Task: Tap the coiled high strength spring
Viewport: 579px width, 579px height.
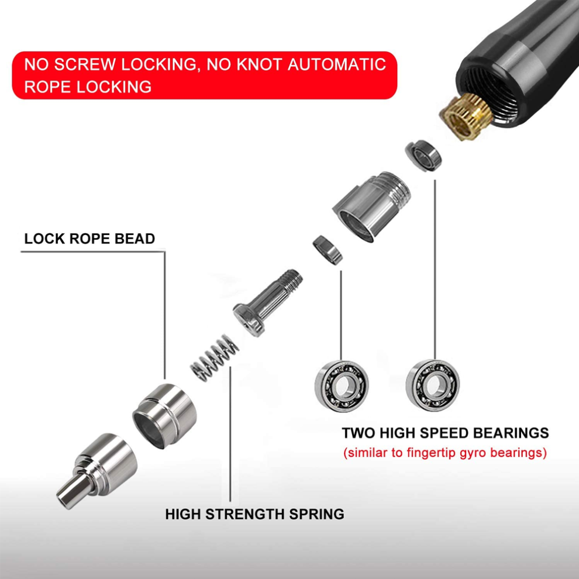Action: tap(215, 358)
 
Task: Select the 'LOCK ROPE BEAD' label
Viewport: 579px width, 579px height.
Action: tap(89, 239)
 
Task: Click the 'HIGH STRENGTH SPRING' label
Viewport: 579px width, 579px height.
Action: tap(254, 513)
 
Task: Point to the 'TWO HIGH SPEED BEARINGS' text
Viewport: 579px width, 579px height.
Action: tap(445, 433)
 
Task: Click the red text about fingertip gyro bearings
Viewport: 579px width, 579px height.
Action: tap(445, 452)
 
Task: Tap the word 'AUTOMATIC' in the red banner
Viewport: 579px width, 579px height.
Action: tap(336, 64)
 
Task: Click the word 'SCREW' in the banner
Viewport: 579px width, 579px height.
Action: tap(85, 64)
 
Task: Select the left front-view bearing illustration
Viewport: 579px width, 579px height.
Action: tap(342, 386)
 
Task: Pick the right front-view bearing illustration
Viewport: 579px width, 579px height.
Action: tap(433, 385)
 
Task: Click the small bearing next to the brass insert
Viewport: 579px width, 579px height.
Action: tap(423, 155)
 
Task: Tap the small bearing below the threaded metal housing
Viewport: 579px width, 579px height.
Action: tap(328, 250)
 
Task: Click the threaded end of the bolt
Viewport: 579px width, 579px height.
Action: tap(292, 280)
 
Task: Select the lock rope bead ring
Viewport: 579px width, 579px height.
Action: tap(165, 416)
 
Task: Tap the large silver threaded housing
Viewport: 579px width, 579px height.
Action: tap(371, 207)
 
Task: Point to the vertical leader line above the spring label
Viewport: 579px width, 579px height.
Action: tap(230, 434)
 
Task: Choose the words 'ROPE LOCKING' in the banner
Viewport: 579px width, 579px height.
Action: tap(88, 87)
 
